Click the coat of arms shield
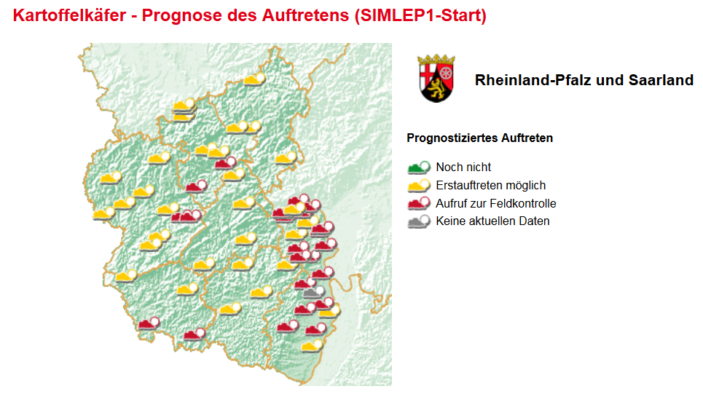tap(437, 82)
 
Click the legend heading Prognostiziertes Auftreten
tap(479, 138)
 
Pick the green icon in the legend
tap(419, 167)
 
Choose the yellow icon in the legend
tap(419, 185)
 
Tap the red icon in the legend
tap(419, 203)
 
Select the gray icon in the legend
tap(419, 221)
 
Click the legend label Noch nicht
tap(463, 167)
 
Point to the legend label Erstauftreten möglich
tap(490, 185)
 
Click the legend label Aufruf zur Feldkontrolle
tap(495, 203)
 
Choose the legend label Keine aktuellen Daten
tap(492, 221)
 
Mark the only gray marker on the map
tap(314, 292)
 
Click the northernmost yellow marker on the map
tap(254, 79)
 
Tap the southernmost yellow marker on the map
tap(313, 345)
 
